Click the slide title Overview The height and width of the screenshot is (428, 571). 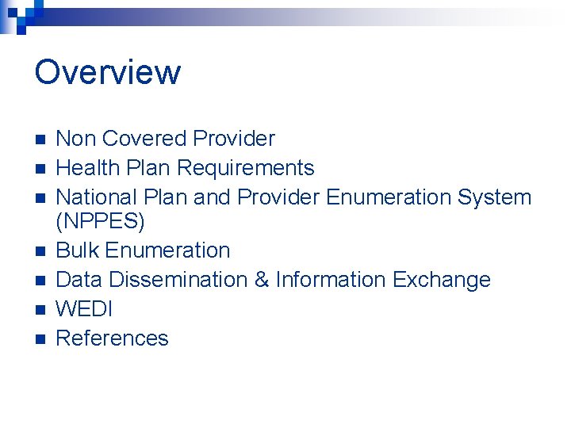tap(108, 72)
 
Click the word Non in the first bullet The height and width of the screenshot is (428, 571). tap(75, 139)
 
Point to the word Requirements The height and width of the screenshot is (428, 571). tap(246, 168)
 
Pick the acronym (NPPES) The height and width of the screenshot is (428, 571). tap(101, 222)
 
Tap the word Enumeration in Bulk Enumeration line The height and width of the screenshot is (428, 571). tap(167, 250)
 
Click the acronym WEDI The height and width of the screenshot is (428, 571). tap(84, 309)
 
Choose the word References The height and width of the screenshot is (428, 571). tap(113, 338)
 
